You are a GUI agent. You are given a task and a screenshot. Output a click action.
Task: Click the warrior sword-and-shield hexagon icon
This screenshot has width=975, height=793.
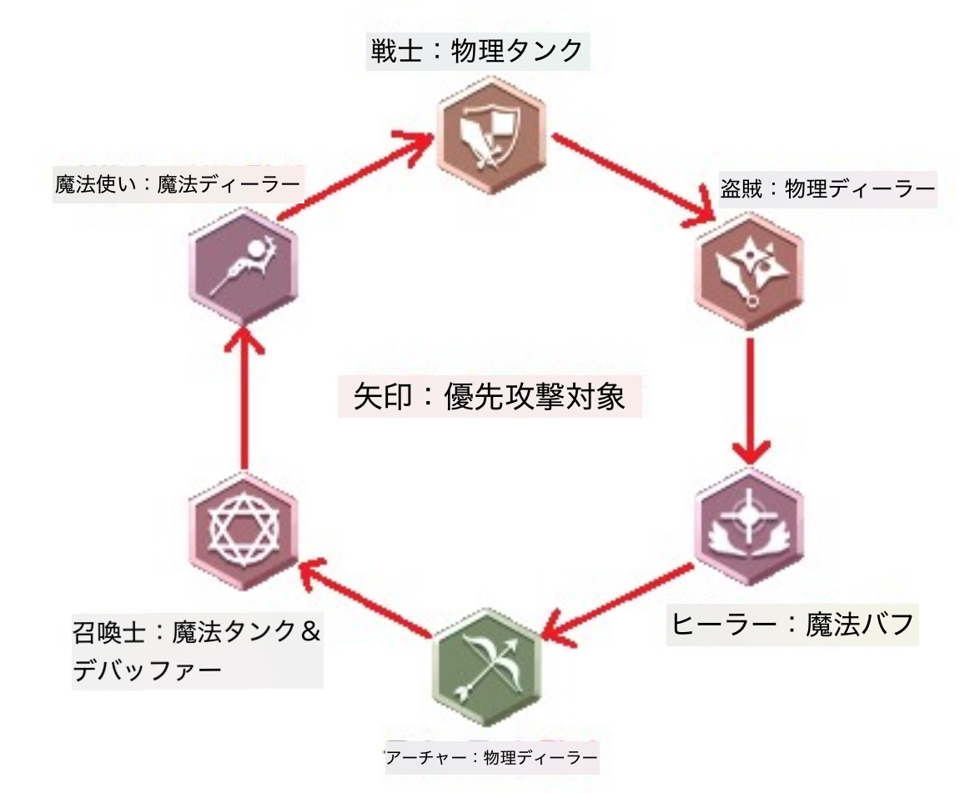[489, 136]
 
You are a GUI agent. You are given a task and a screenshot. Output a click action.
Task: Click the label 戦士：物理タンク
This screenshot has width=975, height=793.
[478, 52]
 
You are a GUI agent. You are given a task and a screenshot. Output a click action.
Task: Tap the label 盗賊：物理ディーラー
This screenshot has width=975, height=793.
[827, 191]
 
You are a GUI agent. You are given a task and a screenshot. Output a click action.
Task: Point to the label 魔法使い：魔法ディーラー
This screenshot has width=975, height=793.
[176, 183]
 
